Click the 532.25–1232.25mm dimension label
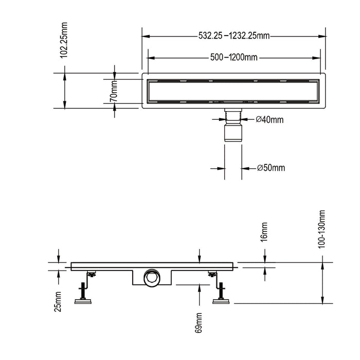(234, 36)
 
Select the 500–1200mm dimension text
(234, 57)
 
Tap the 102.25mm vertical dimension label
(64, 40)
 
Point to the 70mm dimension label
(115, 92)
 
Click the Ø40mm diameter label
(269, 120)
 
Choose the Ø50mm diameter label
(271, 168)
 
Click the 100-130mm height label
(322, 228)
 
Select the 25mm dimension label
(58, 301)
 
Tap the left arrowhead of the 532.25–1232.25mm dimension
(146, 36)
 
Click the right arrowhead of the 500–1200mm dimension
(319, 57)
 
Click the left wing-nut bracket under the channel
(91, 275)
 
